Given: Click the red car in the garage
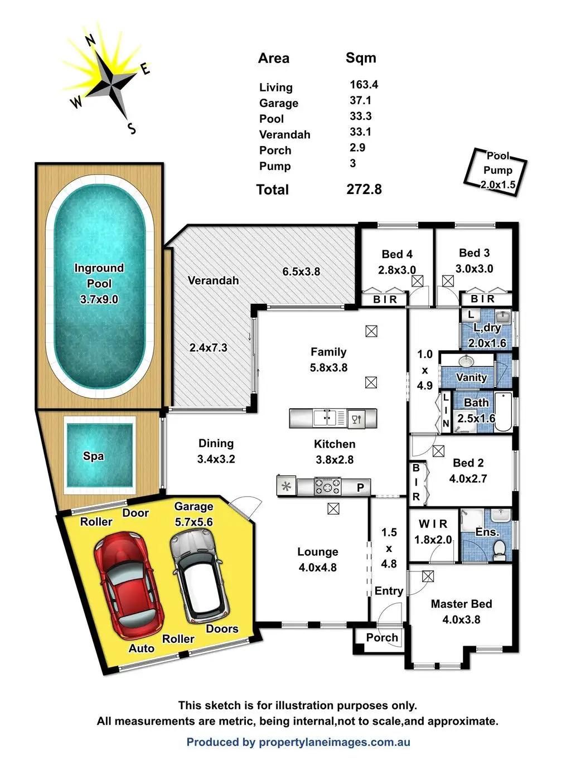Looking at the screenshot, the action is pyautogui.click(x=129, y=584).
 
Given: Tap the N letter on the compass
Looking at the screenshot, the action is pyautogui.click(x=90, y=41).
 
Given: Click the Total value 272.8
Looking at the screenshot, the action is pyautogui.click(x=364, y=190).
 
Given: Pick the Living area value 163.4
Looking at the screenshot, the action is pyautogui.click(x=364, y=84).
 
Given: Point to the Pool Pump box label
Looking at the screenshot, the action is pyautogui.click(x=498, y=170).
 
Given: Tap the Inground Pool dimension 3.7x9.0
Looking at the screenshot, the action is pyautogui.click(x=99, y=299).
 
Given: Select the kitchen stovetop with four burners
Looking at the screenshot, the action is pyautogui.click(x=328, y=486).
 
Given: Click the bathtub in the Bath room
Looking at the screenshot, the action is pyautogui.click(x=503, y=412).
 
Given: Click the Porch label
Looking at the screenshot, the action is pyautogui.click(x=382, y=637).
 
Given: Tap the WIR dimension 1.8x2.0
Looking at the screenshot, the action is pyautogui.click(x=433, y=540).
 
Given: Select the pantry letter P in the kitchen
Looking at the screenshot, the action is pyautogui.click(x=361, y=487).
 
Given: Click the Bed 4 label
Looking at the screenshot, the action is pyautogui.click(x=397, y=254).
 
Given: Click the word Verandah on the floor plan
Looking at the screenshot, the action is pyautogui.click(x=213, y=280).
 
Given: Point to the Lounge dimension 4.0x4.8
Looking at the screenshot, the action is pyautogui.click(x=318, y=567).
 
